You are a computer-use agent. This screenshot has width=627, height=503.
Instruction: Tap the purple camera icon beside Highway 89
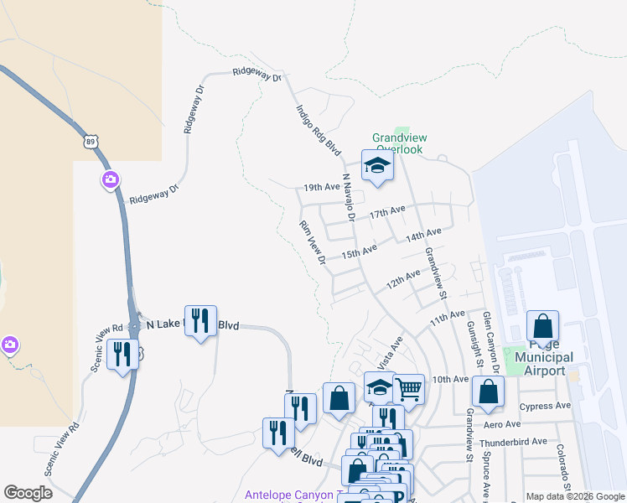(x=111, y=180)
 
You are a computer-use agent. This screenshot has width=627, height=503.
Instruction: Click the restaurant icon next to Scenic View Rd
(x=122, y=355)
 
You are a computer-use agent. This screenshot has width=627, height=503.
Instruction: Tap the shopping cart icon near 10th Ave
(x=408, y=388)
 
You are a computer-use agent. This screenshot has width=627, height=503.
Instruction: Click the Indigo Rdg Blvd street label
(x=319, y=130)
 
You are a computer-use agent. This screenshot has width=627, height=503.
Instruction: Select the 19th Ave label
(x=321, y=187)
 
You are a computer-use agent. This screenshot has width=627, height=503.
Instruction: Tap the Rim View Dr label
(x=313, y=243)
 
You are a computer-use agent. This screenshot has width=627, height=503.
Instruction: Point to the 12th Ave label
(x=403, y=279)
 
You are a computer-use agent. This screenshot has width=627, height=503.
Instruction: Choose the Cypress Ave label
(x=544, y=406)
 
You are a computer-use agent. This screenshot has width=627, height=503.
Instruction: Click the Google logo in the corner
(x=28, y=493)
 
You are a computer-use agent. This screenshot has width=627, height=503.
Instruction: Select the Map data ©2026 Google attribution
(x=575, y=496)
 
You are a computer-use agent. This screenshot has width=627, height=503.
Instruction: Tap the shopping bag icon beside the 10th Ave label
(x=488, y=391)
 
